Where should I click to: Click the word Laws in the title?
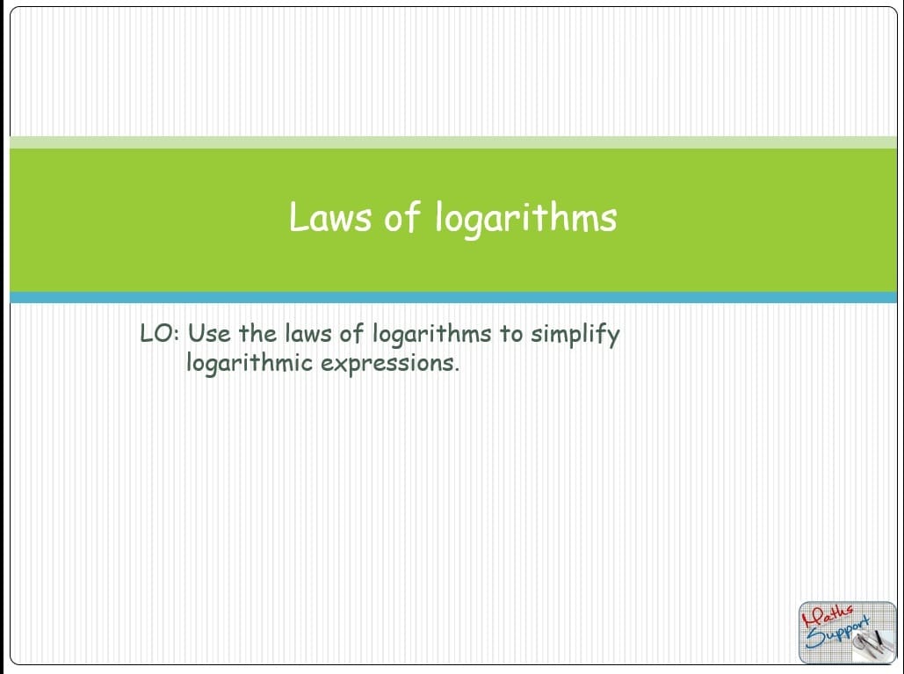[329, 217]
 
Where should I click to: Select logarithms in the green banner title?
[525, 219]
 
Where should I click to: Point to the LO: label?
[160, 334]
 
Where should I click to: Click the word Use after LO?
[209, 334]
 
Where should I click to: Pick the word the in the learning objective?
[257, 333]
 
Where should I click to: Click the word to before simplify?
[510, 334]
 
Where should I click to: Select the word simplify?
[575, 335]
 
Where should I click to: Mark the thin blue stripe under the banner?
[453, 298]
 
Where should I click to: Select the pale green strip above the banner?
[453, 142]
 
